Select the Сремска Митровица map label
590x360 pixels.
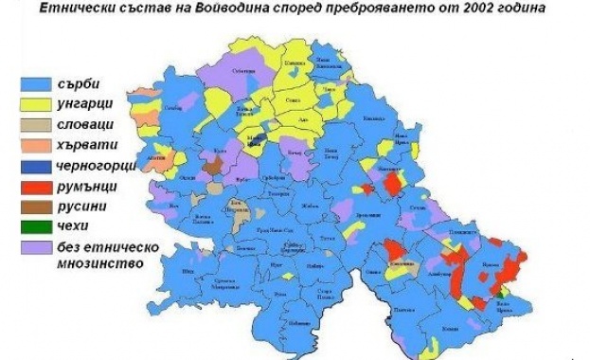click(x=223, y=283)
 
